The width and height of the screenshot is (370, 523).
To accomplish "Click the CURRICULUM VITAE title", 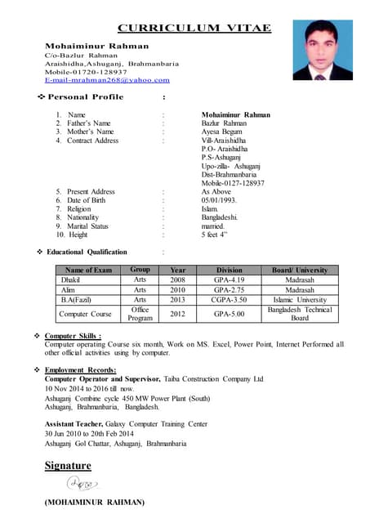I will coord(194,28).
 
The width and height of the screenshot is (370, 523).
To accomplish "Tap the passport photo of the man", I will coord(328,50).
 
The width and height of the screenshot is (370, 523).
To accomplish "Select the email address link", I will coord(107,80).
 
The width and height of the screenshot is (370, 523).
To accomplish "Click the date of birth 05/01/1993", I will coord(219,200).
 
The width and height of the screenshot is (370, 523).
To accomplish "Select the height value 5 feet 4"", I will coord(214,235).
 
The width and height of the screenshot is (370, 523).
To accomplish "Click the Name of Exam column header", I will coord(87,270).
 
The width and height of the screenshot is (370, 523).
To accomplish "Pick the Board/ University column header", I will coord(300,270).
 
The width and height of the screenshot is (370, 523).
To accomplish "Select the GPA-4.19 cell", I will coord(230,279).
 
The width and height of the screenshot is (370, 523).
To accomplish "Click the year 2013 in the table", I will coord(177,299).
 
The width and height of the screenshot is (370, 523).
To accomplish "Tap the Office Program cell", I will coord(140,314).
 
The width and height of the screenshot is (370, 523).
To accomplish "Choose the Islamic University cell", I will coord(300,299).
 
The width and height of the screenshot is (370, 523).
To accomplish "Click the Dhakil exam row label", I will coord(70,279).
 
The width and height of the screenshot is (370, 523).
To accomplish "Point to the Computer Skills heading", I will coord(73,336).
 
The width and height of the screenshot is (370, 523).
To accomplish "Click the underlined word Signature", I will coord(68,466).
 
